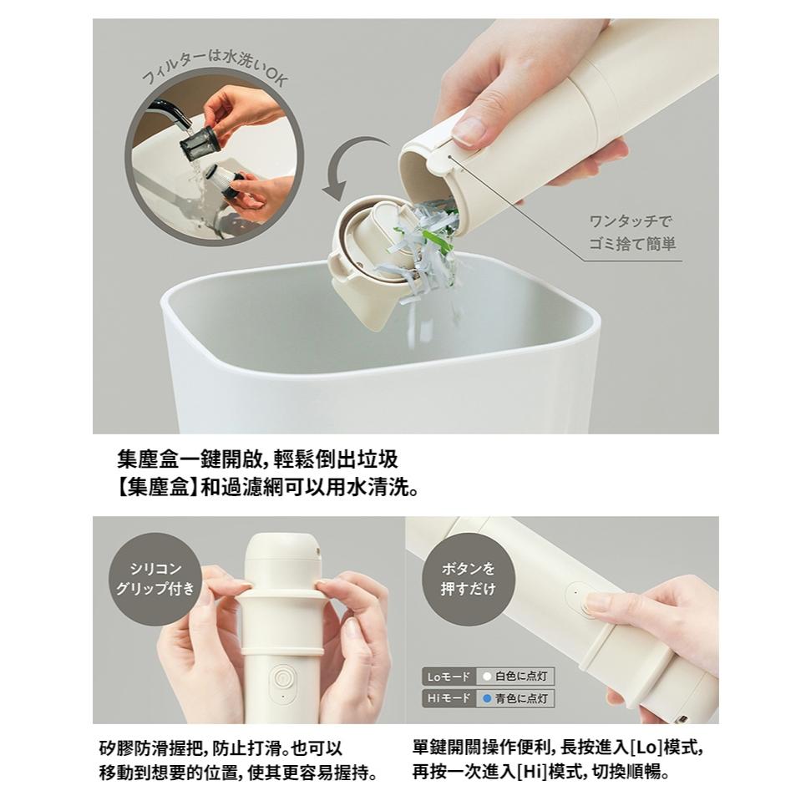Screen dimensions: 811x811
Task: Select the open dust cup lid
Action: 367,251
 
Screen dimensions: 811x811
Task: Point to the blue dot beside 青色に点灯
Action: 486,698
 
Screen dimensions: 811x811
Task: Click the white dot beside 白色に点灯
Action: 486,677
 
